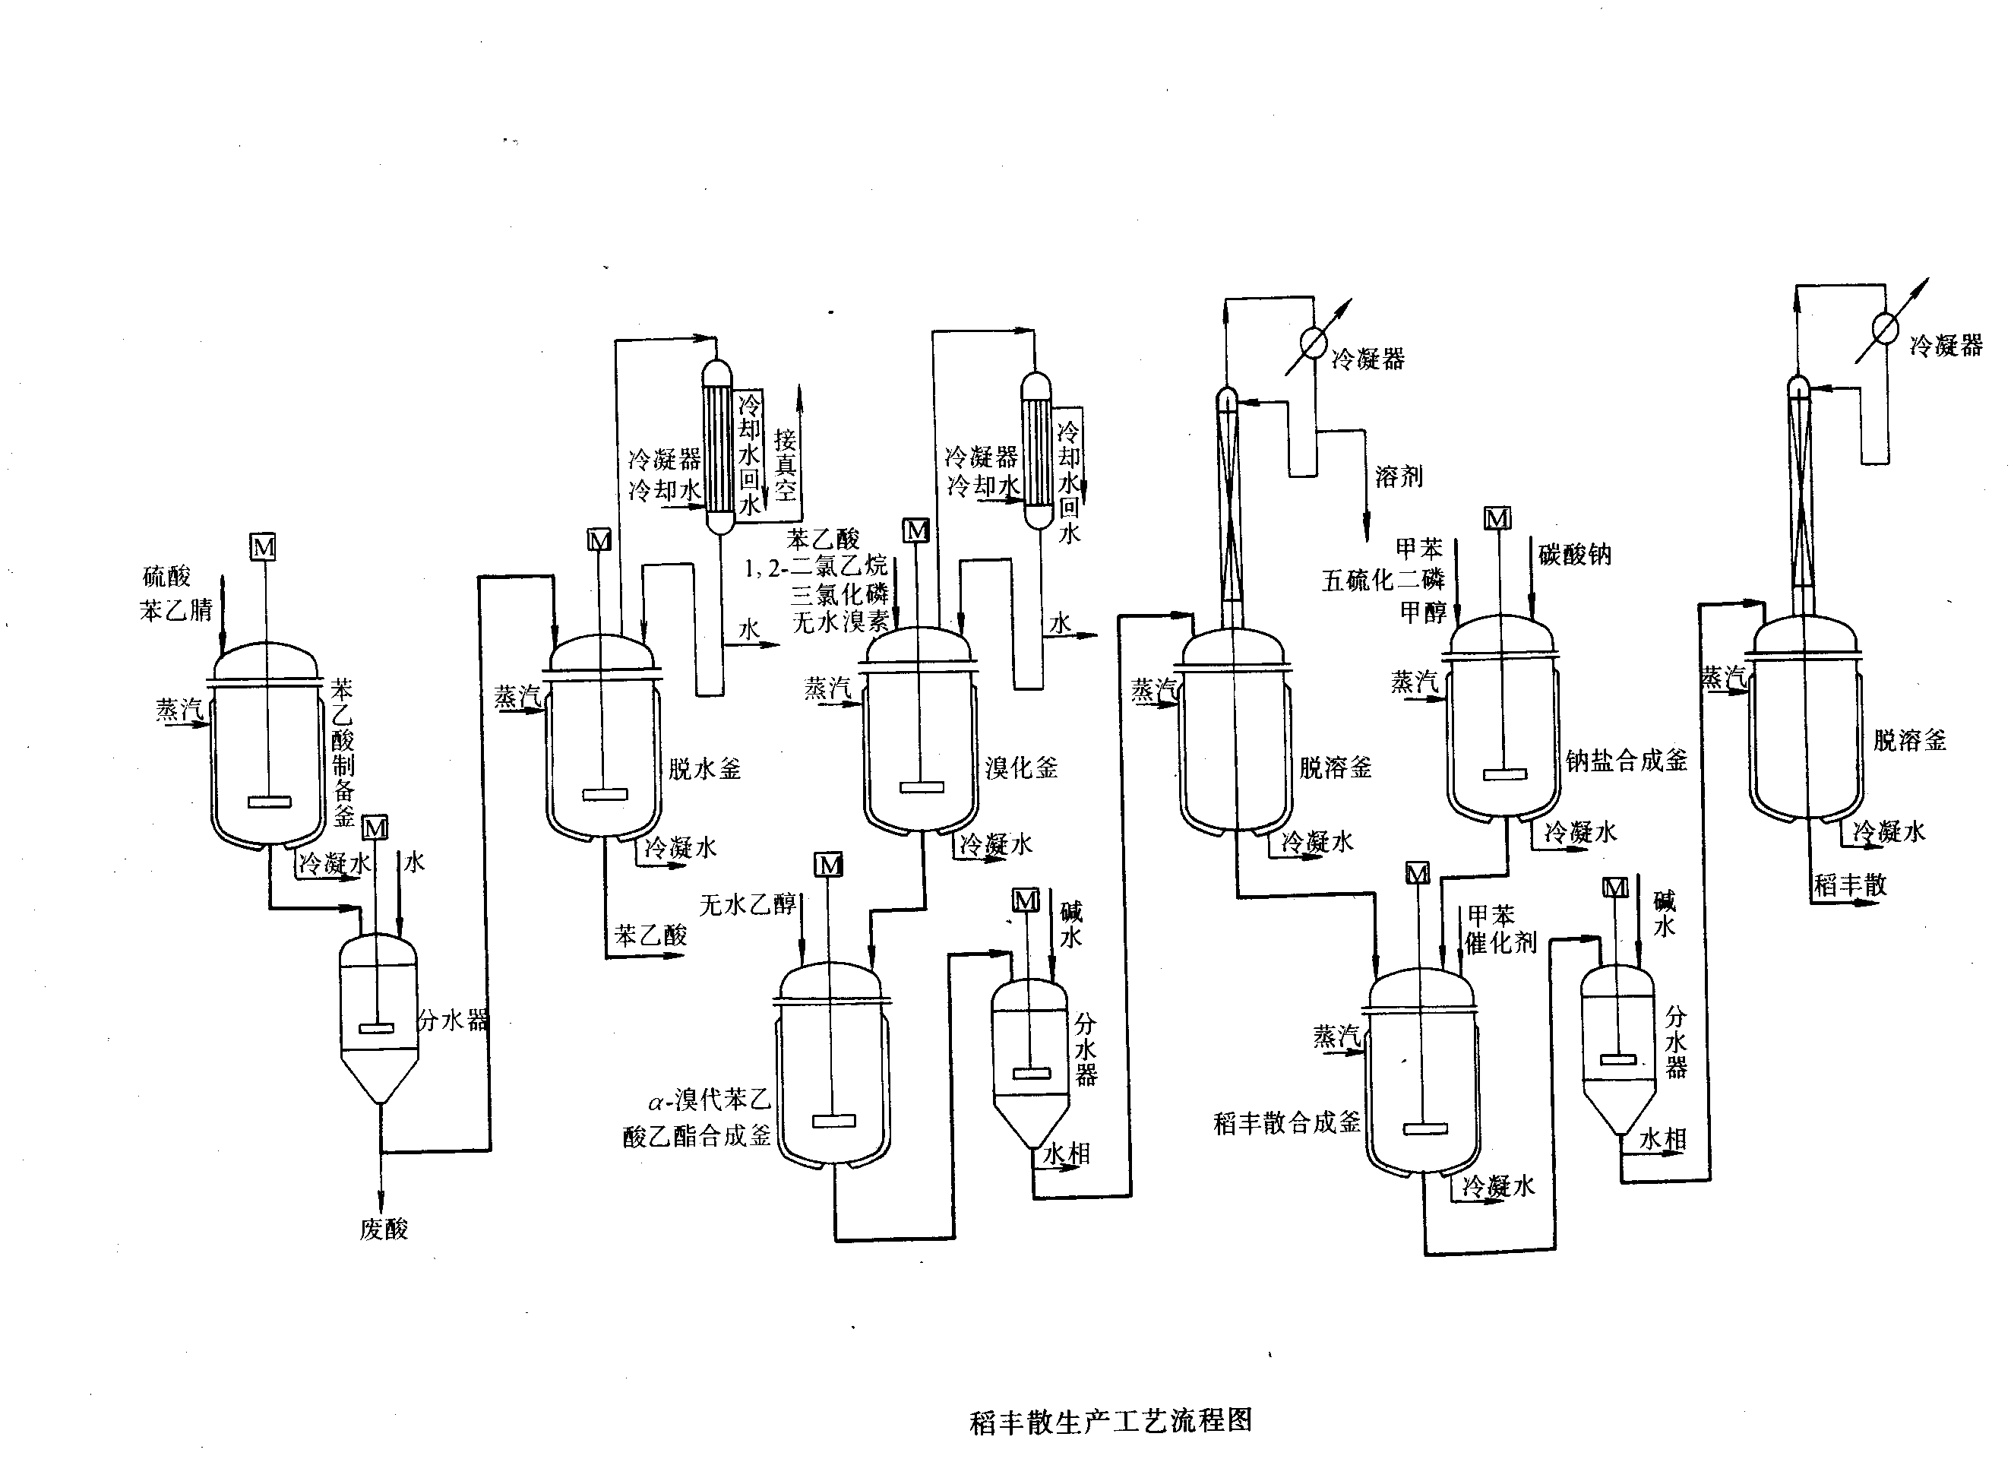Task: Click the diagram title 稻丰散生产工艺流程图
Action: [1111, 1420]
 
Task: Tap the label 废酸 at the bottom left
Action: [384, 1229]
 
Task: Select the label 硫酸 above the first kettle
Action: [166, 578]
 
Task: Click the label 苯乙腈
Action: [175, 610]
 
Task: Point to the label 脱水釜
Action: [704, 769]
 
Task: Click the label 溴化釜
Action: [1022, 767]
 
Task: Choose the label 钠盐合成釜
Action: [1626, 761]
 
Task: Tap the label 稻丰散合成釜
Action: [1286, 1123]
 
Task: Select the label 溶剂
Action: [1399, 477]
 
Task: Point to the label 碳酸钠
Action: [1575, 555]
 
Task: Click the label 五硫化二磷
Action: [1383, 581]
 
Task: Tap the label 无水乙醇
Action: [748, 904]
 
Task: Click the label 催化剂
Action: [1500, 942]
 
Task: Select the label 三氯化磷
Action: [839, 594]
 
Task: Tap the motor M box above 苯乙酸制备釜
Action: [264, 547]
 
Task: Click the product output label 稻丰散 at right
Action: [1850, 884]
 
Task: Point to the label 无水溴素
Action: [839, 622]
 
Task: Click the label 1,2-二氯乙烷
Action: [816, 567]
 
